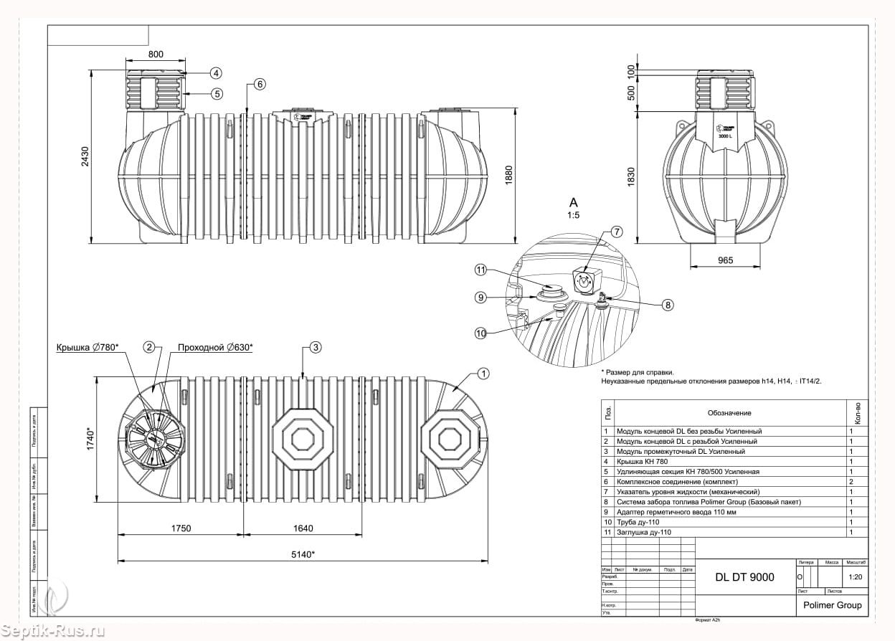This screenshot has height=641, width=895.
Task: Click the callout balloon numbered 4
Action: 216,73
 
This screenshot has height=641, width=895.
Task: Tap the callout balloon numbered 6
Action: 259,84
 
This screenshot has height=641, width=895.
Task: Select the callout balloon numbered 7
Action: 617,232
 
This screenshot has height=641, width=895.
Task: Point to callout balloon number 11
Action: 481,270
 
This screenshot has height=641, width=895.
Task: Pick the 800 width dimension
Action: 156,54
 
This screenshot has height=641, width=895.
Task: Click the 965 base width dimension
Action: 724,260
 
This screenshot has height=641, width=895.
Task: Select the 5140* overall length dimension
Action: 304,554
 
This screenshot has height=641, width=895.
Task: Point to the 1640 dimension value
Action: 303,528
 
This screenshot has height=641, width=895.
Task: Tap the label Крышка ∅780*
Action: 87,348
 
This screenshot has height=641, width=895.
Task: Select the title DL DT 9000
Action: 745,577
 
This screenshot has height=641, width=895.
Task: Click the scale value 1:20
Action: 855,576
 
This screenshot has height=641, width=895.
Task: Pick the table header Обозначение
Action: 729,413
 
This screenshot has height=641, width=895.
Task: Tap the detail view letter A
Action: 573,202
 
